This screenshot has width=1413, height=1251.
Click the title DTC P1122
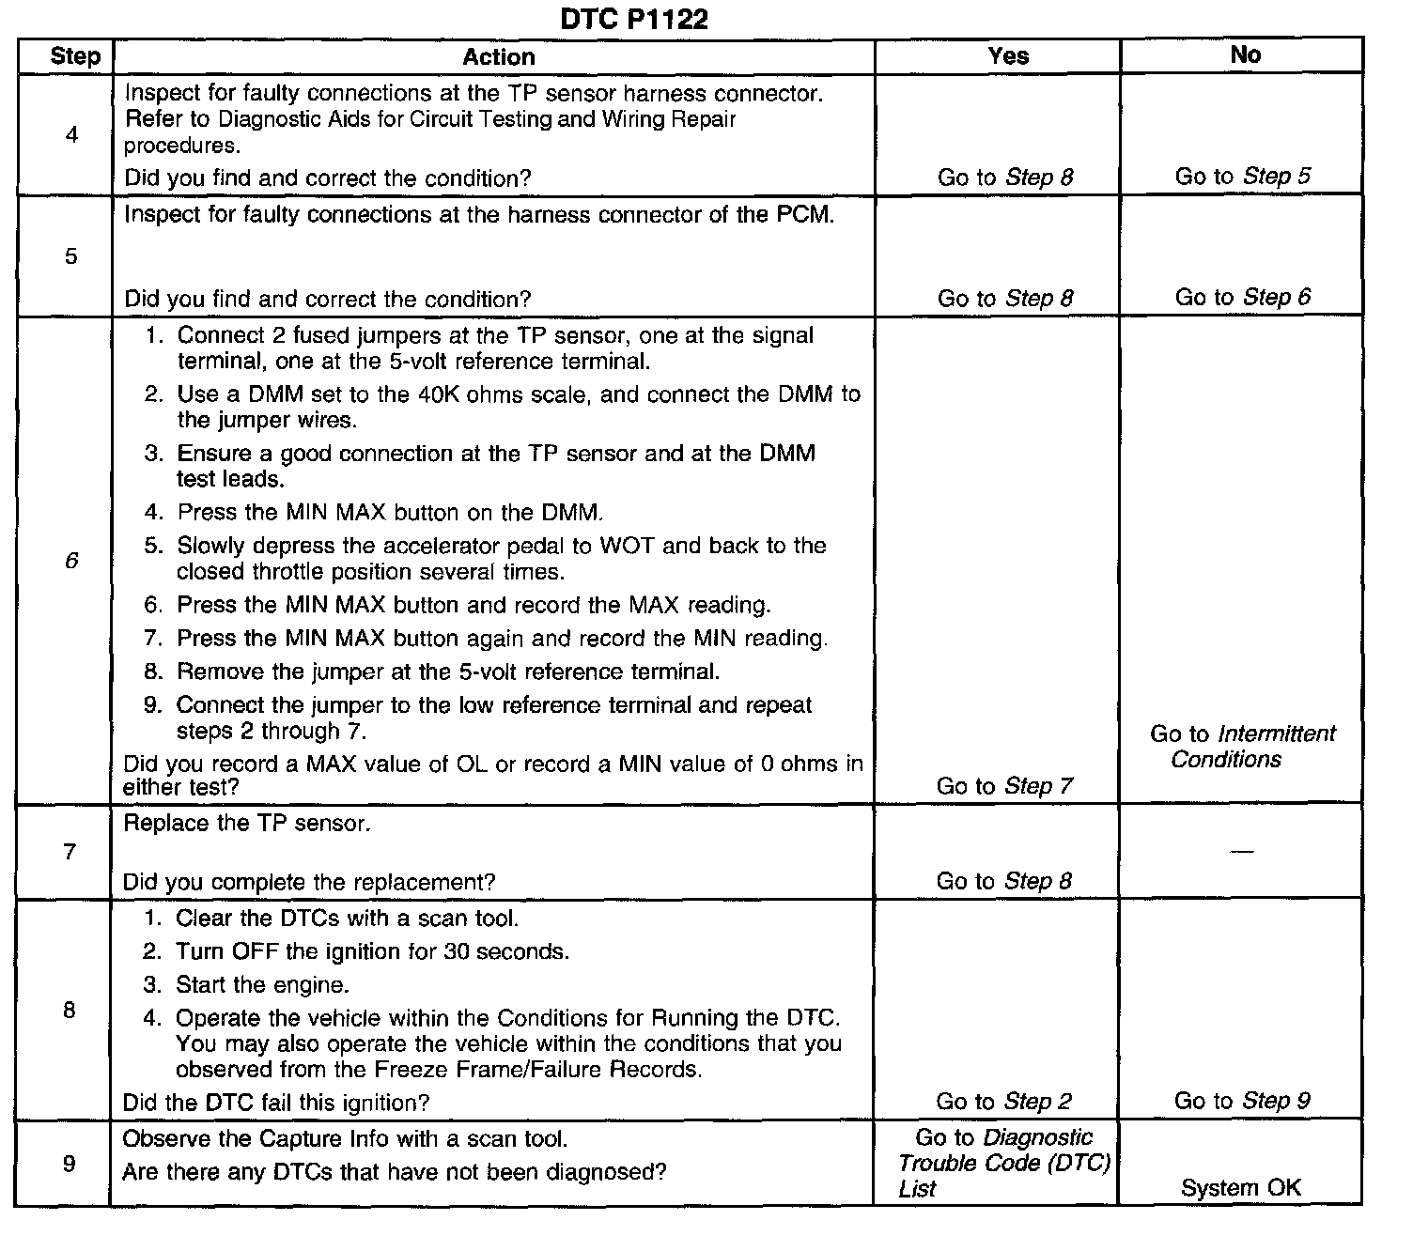click(x=634, y=19)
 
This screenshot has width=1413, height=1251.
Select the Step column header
click(x=75, y=56)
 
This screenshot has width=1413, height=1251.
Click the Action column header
click(x=499, y=56)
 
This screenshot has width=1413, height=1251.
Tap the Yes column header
click(x=1008, y=56)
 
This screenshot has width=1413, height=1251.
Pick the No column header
click(x=1245, y=55)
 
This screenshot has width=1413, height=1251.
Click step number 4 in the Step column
click(x=72, y=135)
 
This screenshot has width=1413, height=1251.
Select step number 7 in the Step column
click(x=70, y=852)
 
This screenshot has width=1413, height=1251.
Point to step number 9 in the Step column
click(x=69, y=1165)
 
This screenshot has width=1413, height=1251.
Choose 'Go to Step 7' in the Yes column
click(x=1004, y=786)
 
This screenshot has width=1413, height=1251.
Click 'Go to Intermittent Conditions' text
click(x=1242, y=747)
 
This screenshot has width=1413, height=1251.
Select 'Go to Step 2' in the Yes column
click(x=1003, y=1102)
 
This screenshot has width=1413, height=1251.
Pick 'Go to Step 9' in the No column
click(x=1242, y=1101)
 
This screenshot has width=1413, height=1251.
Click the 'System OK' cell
click(x=1241, y=1188)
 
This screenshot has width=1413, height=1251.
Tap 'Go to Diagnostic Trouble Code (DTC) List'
click(x=1003, y=1164)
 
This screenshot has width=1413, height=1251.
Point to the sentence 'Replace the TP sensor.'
click(x=247, y=824)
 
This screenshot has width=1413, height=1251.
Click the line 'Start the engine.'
click(x=262, y=985)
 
